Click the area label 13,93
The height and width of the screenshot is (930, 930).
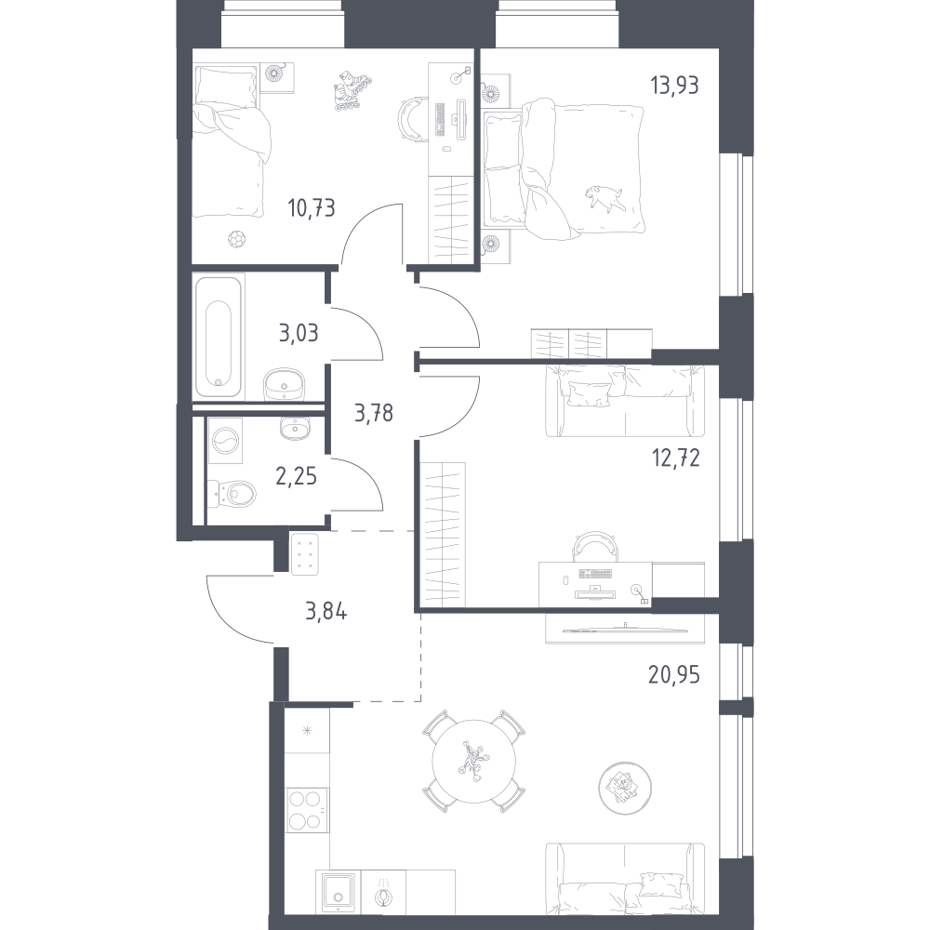674,86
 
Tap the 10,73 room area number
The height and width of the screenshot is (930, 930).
312,208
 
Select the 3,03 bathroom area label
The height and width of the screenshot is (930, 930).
299,333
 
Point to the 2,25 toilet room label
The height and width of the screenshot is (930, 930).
296,475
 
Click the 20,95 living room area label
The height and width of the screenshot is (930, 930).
673,675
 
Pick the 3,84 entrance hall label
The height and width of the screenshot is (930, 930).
325,611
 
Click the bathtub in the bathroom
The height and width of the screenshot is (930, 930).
219,335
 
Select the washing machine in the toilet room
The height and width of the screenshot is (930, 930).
225,441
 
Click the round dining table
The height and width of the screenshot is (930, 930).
473,761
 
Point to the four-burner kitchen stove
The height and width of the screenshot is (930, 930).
307,810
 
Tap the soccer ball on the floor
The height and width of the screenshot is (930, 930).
236,240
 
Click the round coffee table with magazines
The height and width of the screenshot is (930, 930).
625,789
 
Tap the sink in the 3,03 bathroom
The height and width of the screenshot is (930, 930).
284,383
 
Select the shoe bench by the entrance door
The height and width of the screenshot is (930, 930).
305,554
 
